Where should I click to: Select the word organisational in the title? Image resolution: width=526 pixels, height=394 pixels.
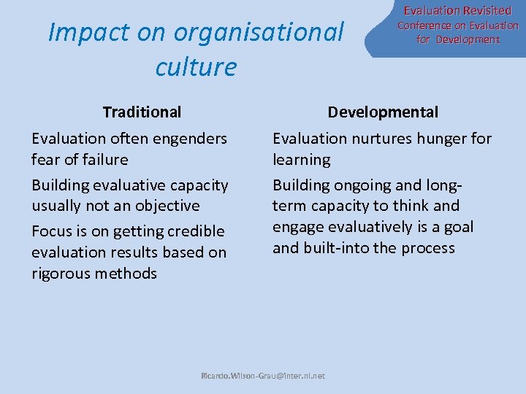259,32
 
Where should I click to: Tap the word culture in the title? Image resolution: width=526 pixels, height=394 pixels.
196,67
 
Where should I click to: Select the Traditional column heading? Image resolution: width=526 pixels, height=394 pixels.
142,112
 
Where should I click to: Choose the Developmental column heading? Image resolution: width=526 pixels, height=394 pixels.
383,112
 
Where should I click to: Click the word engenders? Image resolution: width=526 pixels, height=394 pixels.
193,139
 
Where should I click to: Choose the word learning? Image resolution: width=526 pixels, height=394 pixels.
301,159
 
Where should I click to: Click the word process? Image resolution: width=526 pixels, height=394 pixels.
425,248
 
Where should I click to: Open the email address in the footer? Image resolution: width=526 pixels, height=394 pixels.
263,376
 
